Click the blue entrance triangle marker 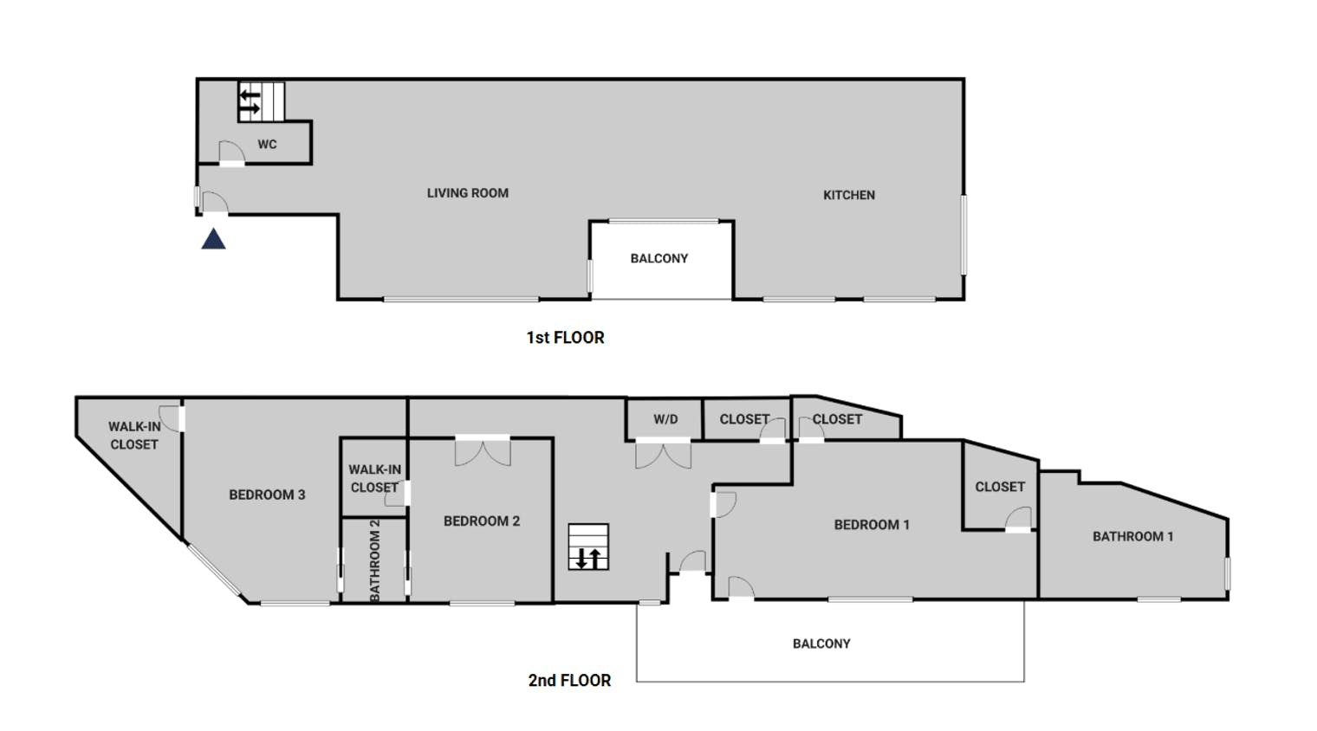click(x=213, y=239)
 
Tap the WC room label click(x=267, y=145)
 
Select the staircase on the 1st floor click(x=262, y=101)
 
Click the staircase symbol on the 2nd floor click(x=588, y=547)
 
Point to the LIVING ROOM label click(x=467, y=193)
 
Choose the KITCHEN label click(x=849, y=195)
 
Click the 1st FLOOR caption click(x=565, y=338)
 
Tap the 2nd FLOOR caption click(x=569, y=681)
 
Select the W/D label click(x=665, y=419)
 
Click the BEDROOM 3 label click(x=267, y=495)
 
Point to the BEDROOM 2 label click(x=482, y=521)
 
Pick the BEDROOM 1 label click(x=872, y=525)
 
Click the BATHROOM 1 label click(x=1133, y=536)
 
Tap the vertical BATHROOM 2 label click(x=375, y=560)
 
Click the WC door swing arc click(x=231, y=152)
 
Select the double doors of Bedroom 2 click(x=483, y=451)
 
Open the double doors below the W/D click(x=663, y=454)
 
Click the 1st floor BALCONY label click(x=659, y=259)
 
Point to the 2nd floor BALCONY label click(x=821, y=644)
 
